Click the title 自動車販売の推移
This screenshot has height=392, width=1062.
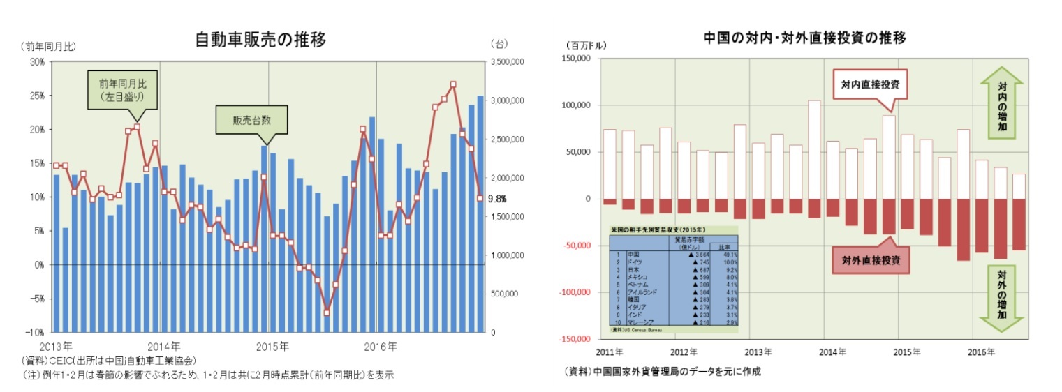point(261,39)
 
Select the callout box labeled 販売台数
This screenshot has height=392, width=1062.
point(251,119)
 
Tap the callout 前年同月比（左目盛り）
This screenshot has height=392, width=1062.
point(121,89)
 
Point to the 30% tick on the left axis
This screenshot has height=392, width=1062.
point(36,61)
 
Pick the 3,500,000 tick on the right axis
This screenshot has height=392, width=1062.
point(508,62)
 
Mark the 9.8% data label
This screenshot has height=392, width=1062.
point(496,198)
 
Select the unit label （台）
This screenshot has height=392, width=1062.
point(500,44)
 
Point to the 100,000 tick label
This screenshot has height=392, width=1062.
point(576,105)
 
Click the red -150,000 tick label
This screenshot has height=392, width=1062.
point(574,339)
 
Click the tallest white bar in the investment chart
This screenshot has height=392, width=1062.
point(814,149)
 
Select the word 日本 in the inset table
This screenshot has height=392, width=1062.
point(634,270)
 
